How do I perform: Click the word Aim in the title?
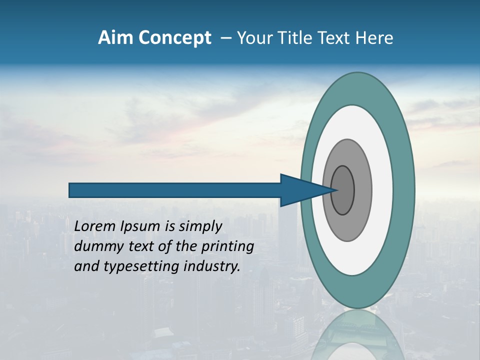tap(115, 38)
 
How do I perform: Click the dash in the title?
tap(225, 38)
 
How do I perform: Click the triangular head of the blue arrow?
tap(297, 190)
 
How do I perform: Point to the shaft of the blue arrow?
tap(175, 190)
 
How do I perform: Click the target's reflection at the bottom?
tap(357, 335)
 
